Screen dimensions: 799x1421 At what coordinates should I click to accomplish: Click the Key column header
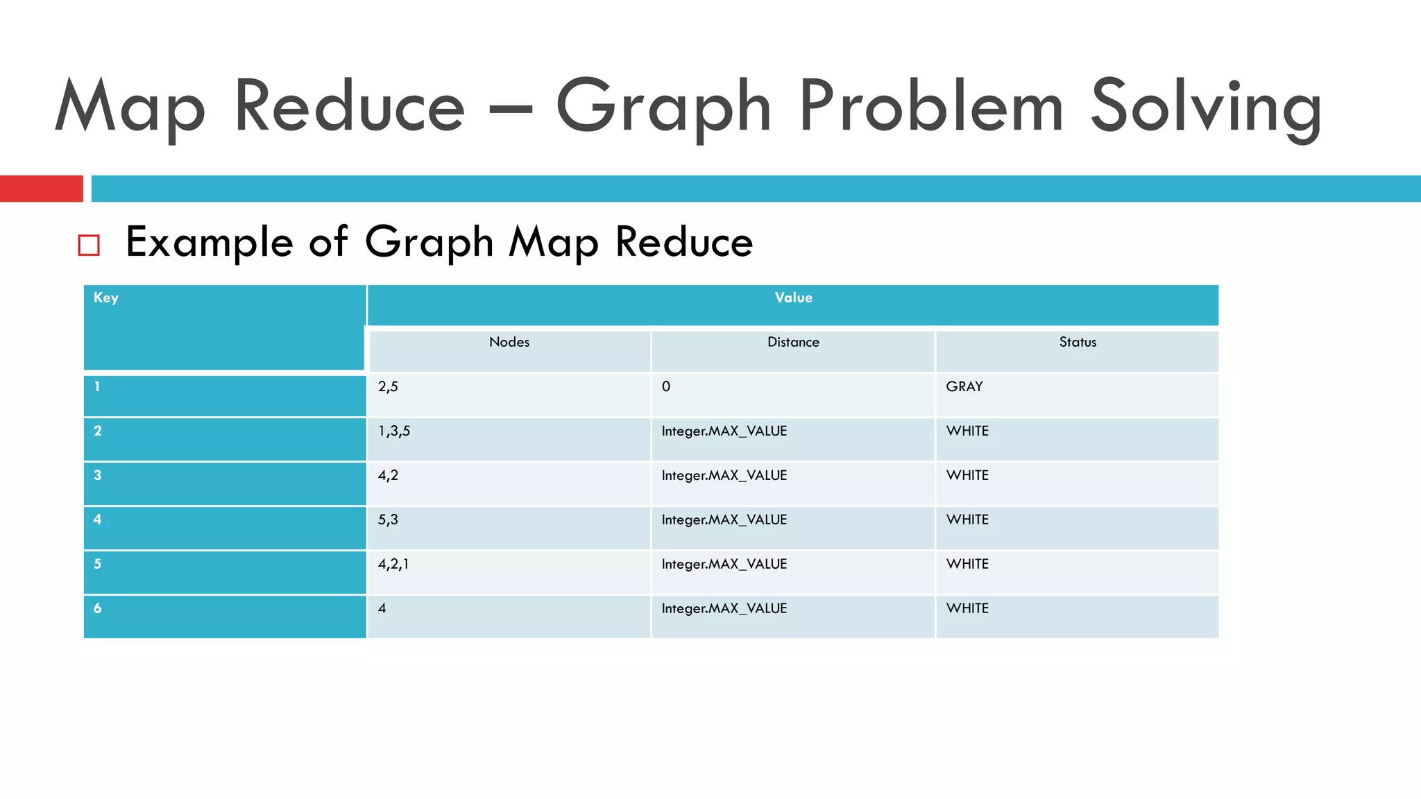pyautogui.click(x=106, y=298)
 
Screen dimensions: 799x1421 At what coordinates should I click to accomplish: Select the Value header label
pyautogui.click(x=793, y=298)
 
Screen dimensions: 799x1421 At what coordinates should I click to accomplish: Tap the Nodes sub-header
pyautogui.click(x=509, y=342)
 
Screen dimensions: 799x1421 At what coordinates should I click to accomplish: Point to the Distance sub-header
pyautogui.click(x=793, y=342)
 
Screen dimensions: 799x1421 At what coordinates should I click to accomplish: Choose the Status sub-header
pyautogui.click(x=1078, y=342)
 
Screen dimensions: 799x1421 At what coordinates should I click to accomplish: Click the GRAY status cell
pyautogui.click(x=964, y=386)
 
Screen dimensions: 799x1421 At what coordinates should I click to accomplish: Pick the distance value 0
pyautogui.click(x=666, y=386)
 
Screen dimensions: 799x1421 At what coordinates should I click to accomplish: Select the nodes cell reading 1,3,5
pyautogui.click(x=394, y=431)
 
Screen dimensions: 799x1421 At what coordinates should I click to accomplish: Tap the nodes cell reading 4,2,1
pyautogui.click(x=393, y=564)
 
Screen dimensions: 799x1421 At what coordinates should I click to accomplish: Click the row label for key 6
pyautogui.click(x=98, y=608)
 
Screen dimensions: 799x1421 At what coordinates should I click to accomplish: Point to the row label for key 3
pyautogui.click(x=98, y=475)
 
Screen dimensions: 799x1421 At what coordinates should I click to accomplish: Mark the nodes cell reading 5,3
pyautogui.click(x=388, y=519)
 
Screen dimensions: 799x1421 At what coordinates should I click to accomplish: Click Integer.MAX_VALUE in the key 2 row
pyautogui.click(x=724, y=431)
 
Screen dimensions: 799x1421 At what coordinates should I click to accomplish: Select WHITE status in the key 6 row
pyautogui.click(x=967, y=608)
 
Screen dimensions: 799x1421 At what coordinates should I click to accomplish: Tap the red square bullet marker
pyautogui.click(x=89, y=245)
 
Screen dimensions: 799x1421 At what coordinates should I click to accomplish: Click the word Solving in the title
pyautogui.click(x=1205, y=108)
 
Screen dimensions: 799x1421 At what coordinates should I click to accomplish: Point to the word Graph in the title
pyautogui.click(x=663, y=108)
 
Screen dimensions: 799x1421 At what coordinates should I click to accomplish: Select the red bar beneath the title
pyautogui.click(x=41, y=189)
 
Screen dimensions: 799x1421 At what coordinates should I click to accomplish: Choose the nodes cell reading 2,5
pyautogui.click(x=388, y=386)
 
